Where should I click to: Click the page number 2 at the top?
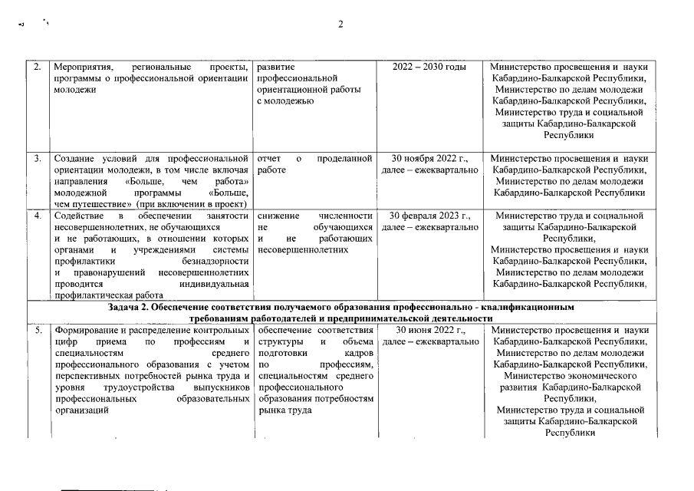coord(341,24)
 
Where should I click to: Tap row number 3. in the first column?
coord(38,159)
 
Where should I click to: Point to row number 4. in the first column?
coord(38,216)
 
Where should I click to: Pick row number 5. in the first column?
coord(38,330)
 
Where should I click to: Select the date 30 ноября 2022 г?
coord(429,159)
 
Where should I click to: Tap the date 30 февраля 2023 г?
coord(429,216)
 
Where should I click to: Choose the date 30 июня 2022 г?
coord(429,330)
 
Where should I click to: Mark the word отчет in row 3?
coord(271,159)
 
